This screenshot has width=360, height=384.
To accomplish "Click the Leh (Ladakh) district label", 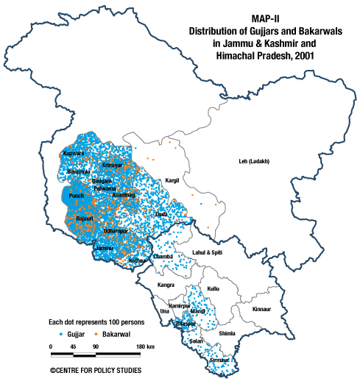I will (255, 161).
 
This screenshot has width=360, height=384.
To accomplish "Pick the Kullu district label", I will (213, 289).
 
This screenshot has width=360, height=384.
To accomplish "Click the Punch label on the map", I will (76, 196).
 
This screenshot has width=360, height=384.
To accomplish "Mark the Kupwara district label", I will (74, 154).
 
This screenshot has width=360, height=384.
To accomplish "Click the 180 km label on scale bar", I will (144, 346).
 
